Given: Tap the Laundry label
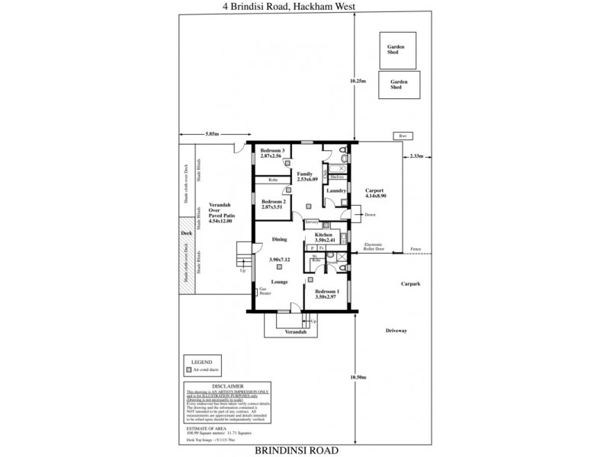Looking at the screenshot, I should tap(338, 190).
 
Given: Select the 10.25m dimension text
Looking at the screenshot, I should tap(358, 79).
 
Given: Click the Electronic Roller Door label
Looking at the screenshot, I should tap(377, 248).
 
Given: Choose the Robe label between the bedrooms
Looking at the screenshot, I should tap(272, 180).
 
